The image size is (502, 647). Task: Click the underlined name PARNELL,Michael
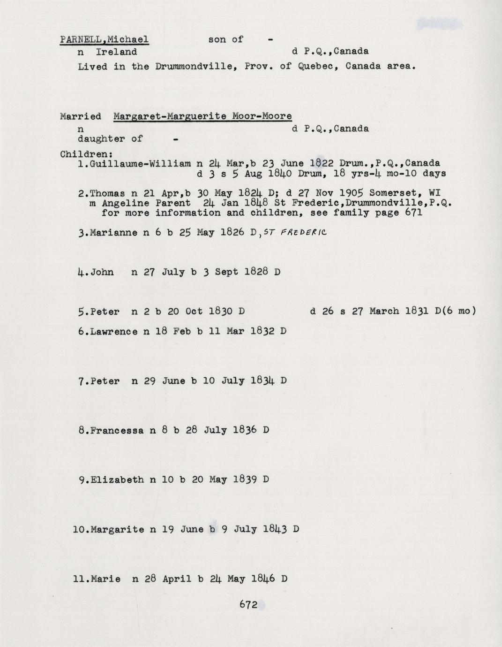[x=104, y=39]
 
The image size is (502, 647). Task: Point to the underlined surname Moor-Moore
[x=262, y=116]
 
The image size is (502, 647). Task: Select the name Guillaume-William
[x=140, y=164]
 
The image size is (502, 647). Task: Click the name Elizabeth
[x=117, y=480]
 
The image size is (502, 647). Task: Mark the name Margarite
[x=117, y=530]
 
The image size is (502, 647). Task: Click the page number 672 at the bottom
[x=248, y=605]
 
